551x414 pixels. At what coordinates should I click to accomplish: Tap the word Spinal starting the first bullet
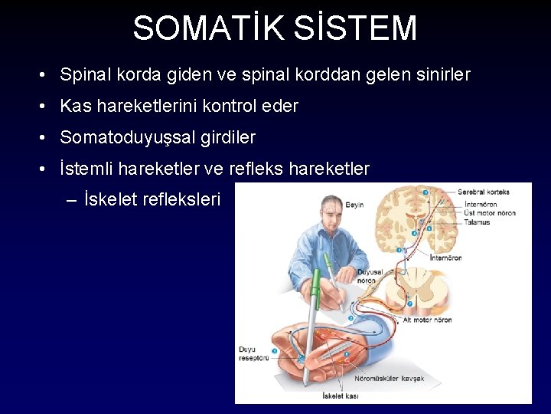[86, 75]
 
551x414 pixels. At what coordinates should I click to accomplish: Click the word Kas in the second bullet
[75, 107]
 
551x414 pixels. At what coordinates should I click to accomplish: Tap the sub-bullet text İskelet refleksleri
[152, 200]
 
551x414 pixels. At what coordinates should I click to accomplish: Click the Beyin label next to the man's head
[354, 205]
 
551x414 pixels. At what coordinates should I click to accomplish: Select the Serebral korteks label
[484, 191]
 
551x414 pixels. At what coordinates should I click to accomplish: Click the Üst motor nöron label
[490, 213]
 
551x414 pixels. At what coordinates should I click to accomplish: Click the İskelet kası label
[342, 396]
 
